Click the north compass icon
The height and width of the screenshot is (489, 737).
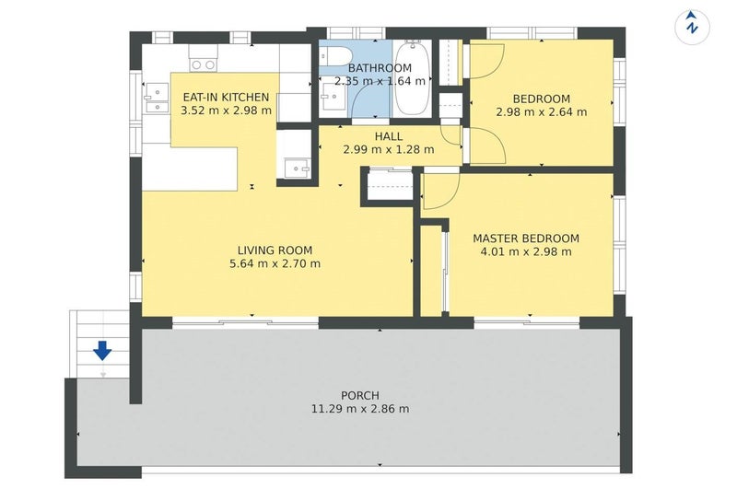click(692, 28)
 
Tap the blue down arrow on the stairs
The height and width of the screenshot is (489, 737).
click(102, 351)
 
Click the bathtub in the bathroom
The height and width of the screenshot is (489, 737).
click(412, 77)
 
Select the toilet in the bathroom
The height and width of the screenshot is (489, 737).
click(335, 57)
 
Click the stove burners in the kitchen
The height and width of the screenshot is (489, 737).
click(204, 64)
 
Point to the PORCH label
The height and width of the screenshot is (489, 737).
click(360, 395)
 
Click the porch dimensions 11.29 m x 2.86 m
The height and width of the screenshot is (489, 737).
click(360, 409)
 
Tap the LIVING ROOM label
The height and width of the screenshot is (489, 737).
click(275, 250)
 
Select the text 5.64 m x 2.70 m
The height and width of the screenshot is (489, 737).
click(275, 263)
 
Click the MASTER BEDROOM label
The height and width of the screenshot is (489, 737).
click(526, 239)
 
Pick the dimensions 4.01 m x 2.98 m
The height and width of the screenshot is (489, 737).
click(526, 251)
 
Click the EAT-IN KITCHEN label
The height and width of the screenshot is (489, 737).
click(226, 98)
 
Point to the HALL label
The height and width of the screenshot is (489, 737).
click(389, 136)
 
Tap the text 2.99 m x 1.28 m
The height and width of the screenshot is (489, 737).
click(389, 150)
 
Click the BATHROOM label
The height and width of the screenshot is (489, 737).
click(380, 68)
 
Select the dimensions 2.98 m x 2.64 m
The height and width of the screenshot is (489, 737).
click(542, 112)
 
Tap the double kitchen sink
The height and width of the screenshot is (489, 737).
click(157, 99)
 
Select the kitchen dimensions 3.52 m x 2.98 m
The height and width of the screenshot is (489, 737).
click(226, 111)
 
